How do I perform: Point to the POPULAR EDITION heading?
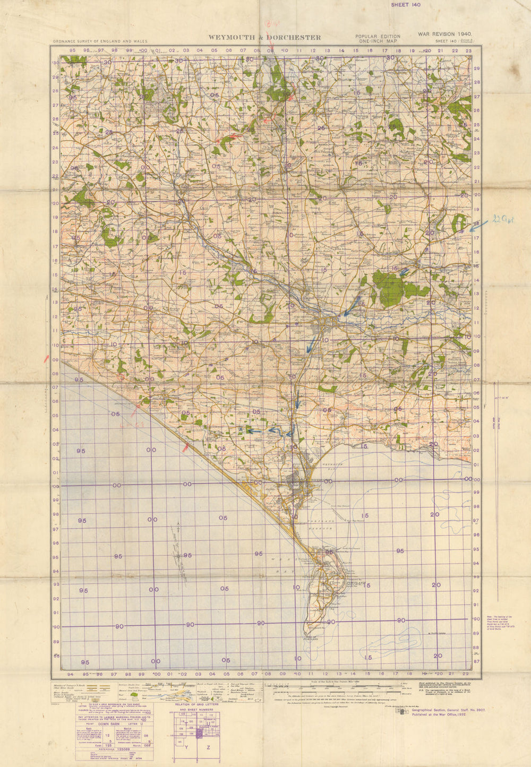tap(378, 37)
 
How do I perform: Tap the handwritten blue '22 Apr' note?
tap(503, 219)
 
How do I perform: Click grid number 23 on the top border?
tap(468, 51)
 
